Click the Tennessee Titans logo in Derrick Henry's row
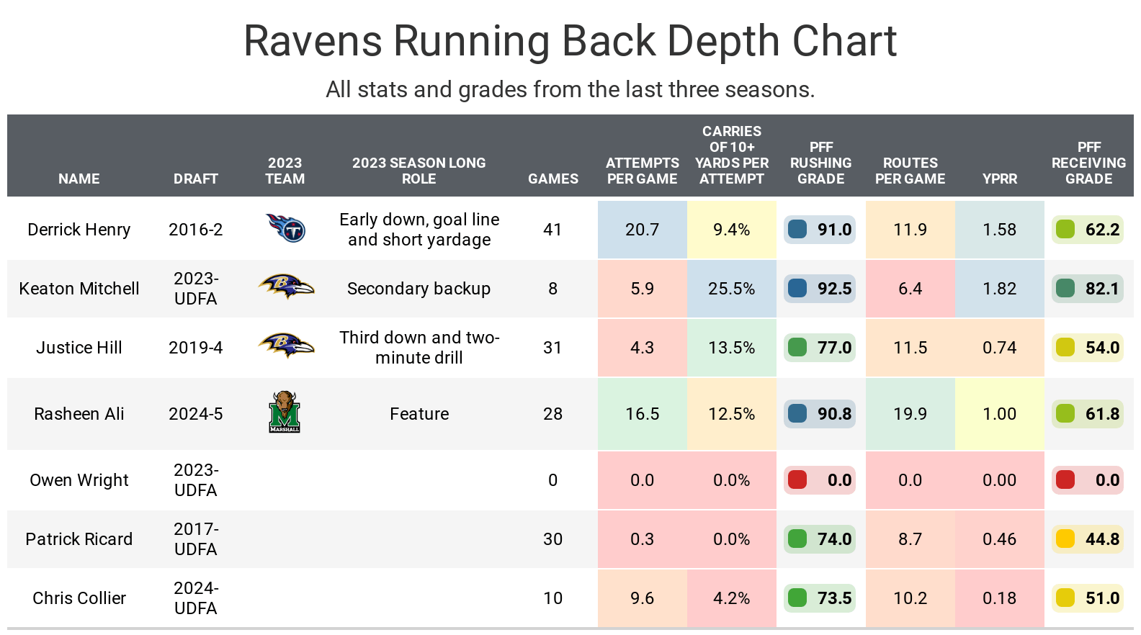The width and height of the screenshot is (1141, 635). point(286,229)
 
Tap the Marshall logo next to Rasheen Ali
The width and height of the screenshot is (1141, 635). point(285,413)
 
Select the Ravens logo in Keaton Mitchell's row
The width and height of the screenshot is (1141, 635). point(286,287)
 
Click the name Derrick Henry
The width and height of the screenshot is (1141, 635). point(79,230)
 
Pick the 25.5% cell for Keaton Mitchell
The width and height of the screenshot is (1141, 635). point(731,289)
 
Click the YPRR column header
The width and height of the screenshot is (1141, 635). point(999,179)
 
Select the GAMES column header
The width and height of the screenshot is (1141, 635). point(552,179)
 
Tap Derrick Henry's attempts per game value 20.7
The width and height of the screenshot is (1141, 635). point(642,230)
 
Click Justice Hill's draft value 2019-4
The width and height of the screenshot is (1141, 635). point(195,348)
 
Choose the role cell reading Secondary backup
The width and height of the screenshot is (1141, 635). point(419,289)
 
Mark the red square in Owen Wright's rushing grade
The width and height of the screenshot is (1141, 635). point(797,479)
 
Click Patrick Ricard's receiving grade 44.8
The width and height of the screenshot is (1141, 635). point(1102,539)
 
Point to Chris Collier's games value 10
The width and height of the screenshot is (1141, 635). point(552,598)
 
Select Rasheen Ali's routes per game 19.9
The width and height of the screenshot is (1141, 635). point(910,414)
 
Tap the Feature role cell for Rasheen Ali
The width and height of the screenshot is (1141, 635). point(419,414)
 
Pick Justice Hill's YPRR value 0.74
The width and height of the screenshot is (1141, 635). point(999,348)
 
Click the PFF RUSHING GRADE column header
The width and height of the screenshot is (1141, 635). point(820,163)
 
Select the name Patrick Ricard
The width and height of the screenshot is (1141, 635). point(79,539)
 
